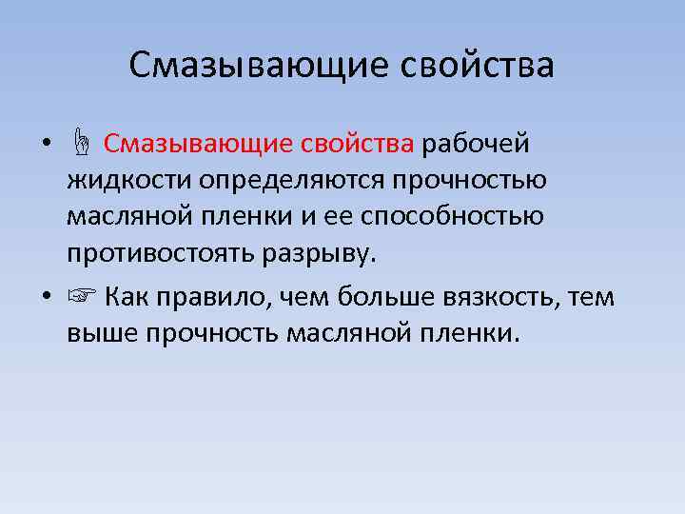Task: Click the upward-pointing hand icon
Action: [82, 146]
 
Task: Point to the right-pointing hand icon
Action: [82, 297]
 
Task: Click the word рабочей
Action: [477, 145]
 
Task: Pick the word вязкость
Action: [506, 297]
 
